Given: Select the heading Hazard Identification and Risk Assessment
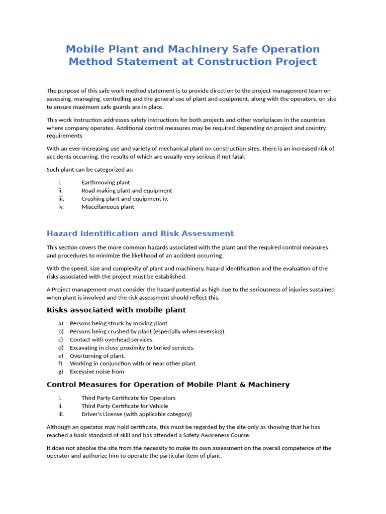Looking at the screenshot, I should (140, 233).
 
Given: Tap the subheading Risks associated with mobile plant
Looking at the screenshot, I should (116, 310).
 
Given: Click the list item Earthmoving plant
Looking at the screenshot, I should (106, 183).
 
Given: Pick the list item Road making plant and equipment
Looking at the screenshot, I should (127, 191).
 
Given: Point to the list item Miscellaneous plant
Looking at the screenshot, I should (108, 207).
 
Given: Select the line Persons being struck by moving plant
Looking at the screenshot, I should (119, 324).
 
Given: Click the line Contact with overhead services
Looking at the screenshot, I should (112, 340).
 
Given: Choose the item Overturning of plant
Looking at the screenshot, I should (98, 356).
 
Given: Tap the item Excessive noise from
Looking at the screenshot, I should (96, 372).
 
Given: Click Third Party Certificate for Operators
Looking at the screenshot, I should (128, 398).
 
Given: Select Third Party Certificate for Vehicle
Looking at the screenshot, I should (125, 406).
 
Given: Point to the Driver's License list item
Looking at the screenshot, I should (136, 414).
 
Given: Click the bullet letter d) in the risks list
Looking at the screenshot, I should (61, 348).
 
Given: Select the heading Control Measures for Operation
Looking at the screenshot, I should (168, 384).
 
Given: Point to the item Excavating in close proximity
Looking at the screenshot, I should (132, 348).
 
